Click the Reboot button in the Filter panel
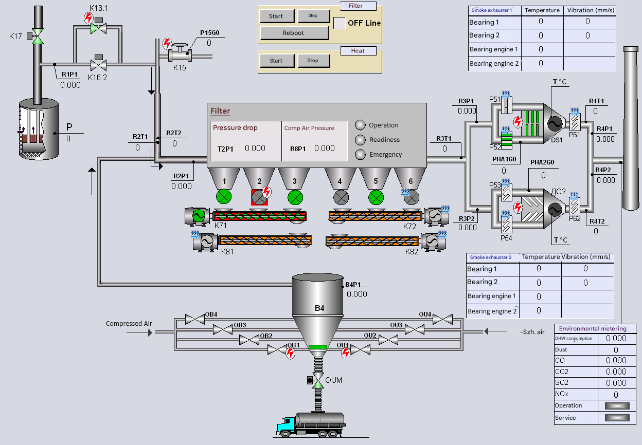[294, 33]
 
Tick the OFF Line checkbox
[340, 23]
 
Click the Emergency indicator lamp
[361, 154]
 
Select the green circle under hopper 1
[224, 197]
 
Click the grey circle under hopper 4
[340, 197]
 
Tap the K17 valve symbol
[37, 35]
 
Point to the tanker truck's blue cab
[286, 425]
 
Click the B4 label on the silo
[319, 308]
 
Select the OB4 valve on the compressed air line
[195, 319]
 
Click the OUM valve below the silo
[318, 381]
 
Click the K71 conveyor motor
[198, 216]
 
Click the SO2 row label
[561, 383]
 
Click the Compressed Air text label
[129, 324]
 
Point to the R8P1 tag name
[297, 149]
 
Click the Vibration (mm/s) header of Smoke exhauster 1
[590, 10]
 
